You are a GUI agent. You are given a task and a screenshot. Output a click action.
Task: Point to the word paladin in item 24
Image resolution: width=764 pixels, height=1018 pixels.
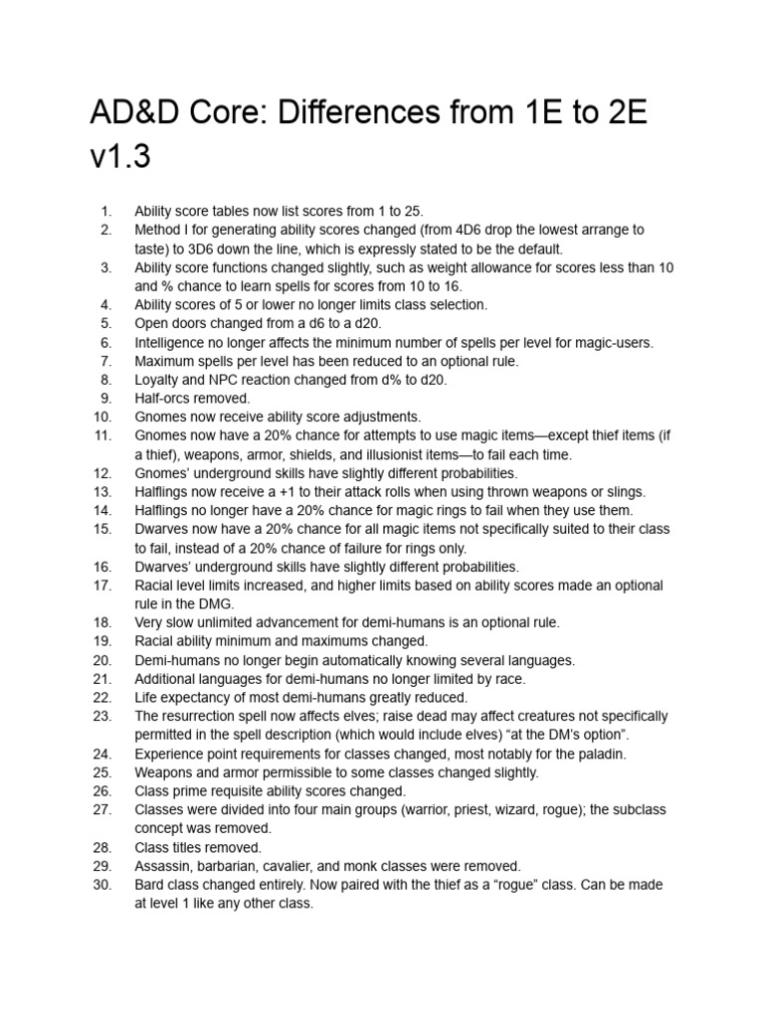click(x=514, y=754)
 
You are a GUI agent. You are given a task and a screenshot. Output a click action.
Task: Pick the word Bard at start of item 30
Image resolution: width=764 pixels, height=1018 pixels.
click(x=150, y=885)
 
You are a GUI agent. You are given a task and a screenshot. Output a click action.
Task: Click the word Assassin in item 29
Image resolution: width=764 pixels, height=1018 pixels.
click(x=163, y=866)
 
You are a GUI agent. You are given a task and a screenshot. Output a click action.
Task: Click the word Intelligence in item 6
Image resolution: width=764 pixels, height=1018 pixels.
click(x=171, y=342)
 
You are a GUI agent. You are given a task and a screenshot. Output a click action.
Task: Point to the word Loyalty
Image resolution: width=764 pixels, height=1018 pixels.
click(x=158, y=379)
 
